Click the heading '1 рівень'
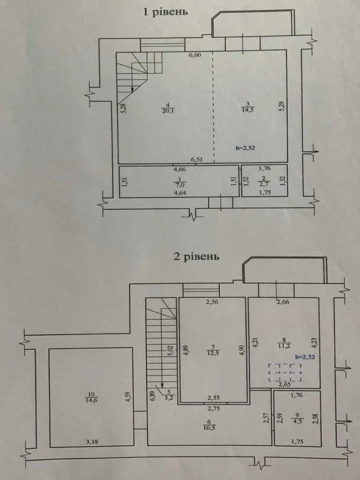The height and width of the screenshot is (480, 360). tap(165, 12)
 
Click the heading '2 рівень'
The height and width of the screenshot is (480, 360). tap(196, 256)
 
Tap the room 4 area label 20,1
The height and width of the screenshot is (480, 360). tap(167, 111)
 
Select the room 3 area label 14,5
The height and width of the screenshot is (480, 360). tap(247, 109)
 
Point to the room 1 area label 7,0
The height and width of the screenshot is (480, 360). tap(180, 185)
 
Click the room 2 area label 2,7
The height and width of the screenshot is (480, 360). tap(264, 184)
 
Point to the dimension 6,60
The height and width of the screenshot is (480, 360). tap(195, 55)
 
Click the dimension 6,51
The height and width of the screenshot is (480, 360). tap(197, 159)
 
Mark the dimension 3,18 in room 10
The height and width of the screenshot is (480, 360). tap(91, 442)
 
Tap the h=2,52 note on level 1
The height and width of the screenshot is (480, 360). tap(245, 148)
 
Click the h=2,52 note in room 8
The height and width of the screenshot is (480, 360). tap(305, 357)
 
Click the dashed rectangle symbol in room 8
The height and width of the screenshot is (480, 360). tap(285, 373)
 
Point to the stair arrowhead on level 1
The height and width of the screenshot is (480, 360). tap(132, 90)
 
